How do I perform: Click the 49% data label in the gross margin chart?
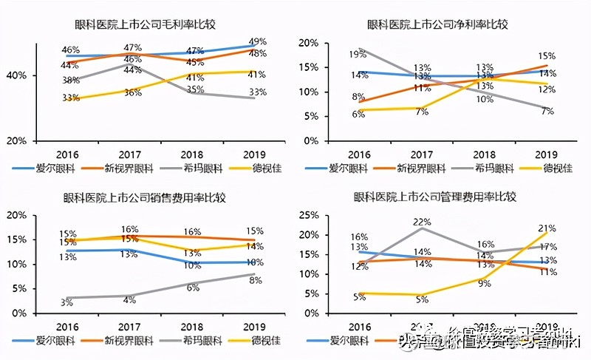point(258,41)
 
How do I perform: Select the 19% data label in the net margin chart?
point(358,55)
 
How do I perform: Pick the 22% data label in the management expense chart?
point(422,222)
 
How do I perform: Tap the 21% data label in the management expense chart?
point(547,228)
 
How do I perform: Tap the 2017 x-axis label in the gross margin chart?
point(131,154)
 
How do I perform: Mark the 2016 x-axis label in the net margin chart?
point(360,154)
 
